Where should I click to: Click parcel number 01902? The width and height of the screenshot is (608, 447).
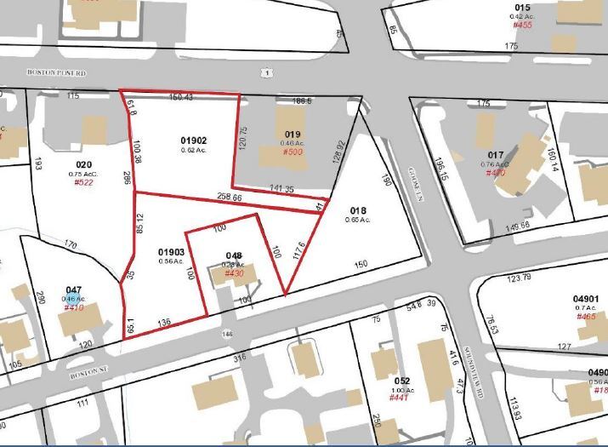[194, 140]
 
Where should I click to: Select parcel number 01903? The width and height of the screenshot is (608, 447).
[171, 252]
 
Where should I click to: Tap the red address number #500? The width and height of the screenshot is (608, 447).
[293, 152]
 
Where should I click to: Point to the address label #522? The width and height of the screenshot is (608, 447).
[83, 182]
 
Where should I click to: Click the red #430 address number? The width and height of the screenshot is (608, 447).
[233, 273]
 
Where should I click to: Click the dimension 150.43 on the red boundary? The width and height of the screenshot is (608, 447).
[180, 97]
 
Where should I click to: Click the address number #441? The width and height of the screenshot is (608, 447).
[401, 398]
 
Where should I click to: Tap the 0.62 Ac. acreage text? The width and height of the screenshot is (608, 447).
[194, 151]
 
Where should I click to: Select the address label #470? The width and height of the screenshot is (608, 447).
[496, 173]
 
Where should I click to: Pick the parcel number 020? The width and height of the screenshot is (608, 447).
[83, 163]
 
